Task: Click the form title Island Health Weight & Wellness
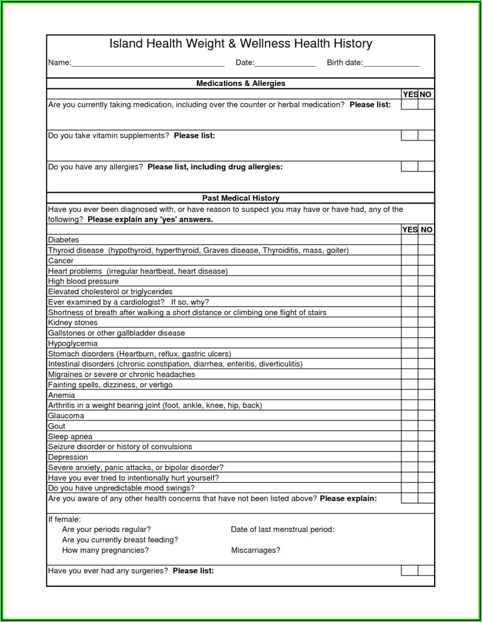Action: point(241,44)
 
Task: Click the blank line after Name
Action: point(148,64)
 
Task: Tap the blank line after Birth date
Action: point(391,64)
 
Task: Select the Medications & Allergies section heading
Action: point(241,83)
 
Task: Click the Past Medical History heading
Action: point(241,198)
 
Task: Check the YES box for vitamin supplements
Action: point(409,135)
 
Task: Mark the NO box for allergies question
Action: point(426,166)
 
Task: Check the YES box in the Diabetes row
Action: point(409,240)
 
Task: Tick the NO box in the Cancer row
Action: point(426,261)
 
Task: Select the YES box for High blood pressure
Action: point(409,281)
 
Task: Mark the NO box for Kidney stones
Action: point(426,322)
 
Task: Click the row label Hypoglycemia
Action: point(73,343)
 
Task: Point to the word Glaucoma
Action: point(66,415)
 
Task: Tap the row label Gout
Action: point(56,426)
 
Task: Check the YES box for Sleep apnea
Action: point(409,436)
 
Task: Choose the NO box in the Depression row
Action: point(426,457)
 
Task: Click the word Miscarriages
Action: point(255,550)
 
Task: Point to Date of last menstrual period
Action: point(282,530)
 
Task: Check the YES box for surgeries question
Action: point(409,570)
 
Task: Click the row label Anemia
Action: point(61,395)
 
